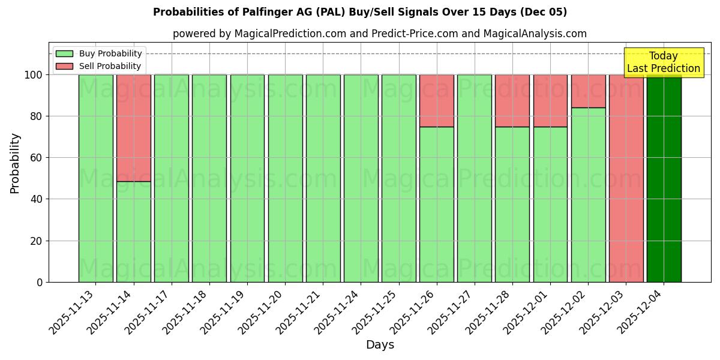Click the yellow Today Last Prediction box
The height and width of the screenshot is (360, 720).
tap(663, 62)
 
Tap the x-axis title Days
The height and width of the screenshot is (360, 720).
tap(380, 345)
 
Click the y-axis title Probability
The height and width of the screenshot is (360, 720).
tap(15, 163)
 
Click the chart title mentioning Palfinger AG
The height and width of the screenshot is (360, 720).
tap(360, 12)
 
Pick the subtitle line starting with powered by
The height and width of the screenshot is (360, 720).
tap(380, 34)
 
